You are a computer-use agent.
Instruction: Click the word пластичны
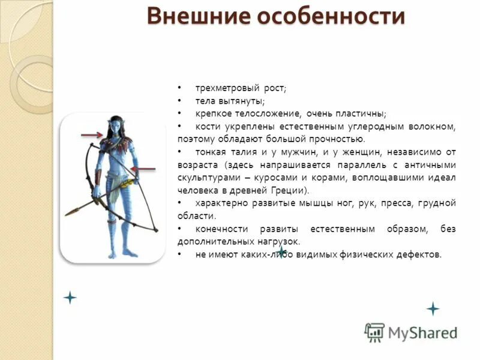click(361, 113)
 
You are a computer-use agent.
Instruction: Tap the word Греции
click(291, 191)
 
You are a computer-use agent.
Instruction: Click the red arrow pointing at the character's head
click(92, 136)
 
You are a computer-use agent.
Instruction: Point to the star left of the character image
click(70, 297)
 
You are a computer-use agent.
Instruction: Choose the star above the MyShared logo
click(433, 309)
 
